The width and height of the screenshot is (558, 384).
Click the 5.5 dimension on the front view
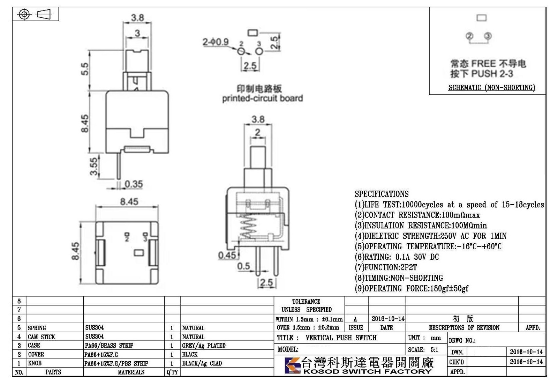pos(85,69)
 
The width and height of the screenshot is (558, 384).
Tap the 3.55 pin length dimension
pos(94,166)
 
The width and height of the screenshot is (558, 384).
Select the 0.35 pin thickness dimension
pos(134,184)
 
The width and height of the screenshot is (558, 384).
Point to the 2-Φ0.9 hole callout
pos(216,42)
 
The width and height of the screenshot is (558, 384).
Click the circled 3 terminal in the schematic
pos(488,36)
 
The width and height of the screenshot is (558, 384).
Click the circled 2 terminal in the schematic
pos(469,36)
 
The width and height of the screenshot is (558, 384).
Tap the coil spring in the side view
pos(248,227)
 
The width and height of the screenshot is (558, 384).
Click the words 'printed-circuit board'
pos(263,98)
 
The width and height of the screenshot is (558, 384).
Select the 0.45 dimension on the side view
pos(227,255)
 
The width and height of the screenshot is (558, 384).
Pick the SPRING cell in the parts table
pos(37,328)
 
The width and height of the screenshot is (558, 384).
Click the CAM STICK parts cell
pos(42,337)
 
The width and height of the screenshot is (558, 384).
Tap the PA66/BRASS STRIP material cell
pos(109,345)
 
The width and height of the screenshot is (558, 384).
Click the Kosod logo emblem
pos(293,365)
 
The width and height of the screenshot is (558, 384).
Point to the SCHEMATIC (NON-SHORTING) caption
pos(492,88)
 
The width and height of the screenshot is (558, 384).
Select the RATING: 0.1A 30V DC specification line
pos(397,257)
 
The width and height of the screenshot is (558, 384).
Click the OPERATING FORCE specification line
pos(412,288)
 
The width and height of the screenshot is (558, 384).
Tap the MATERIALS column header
pos(131,372)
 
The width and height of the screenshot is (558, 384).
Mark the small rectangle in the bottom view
pos(139,253)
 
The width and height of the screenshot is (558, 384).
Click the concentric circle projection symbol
pos(24,14)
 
